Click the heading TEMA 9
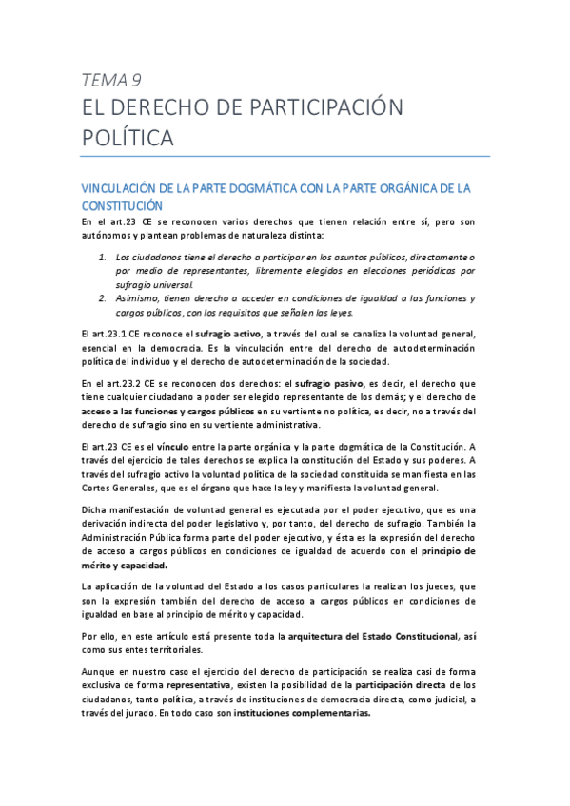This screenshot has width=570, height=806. coord(111,79)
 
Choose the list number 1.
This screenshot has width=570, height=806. coord(103,257)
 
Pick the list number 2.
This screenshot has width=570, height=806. coord(103,297)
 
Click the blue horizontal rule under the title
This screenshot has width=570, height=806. coord(285,157)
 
